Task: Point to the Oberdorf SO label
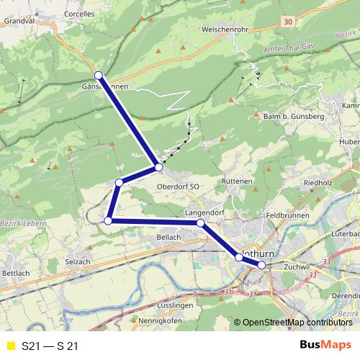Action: pyautogui.click(x=177, y=186)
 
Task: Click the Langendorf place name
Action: pyautogui.click(x=204, y=213)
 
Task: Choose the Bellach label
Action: pyautogui.click(x=168, y=237)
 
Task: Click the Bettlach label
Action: pyautogui.click(x=15, y=274)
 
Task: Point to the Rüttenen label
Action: pyautogui.click(x=237, y=181)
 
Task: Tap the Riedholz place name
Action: pyautogui.click(x=318, y=183)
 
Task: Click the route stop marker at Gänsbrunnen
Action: pyautogui.click(x=98, y=75)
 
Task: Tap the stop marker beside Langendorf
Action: pyautogui.click(x=200, y=223)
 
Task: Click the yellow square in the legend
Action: pyautogui.click(x=10, y=346)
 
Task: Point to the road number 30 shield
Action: pyautogui.click(x=289, y=22)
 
